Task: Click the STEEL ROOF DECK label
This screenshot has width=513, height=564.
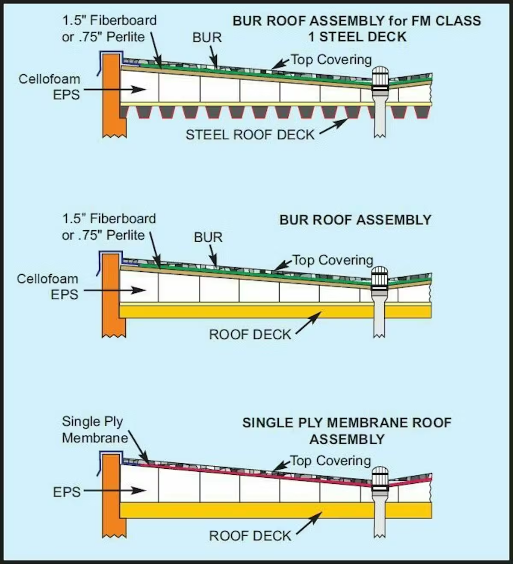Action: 250,135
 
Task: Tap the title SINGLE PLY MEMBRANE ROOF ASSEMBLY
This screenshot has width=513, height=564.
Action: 347,431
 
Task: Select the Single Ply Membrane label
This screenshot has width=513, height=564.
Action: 95,430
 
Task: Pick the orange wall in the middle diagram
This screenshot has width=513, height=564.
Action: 112,295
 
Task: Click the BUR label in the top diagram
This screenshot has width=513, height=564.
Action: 207,38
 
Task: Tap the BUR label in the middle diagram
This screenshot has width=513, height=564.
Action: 208,237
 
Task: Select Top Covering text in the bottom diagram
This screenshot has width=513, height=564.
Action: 330,461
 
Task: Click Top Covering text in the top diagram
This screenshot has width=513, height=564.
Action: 331,60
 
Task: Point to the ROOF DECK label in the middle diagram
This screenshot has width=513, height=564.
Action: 250,335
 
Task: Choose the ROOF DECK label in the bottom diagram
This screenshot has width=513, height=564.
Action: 250,536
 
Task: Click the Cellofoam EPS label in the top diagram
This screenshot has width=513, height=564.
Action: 50,87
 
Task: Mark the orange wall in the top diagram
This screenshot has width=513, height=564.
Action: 112,96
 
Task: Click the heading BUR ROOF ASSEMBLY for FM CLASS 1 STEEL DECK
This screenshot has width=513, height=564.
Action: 357,29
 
